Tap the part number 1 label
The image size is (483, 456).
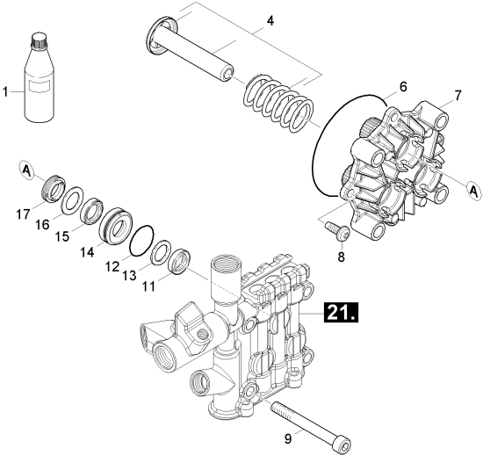click(5, 92)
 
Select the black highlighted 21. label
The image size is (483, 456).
click(341, 313)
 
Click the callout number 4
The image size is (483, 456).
click(270, 21)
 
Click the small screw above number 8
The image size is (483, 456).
click(337, 229)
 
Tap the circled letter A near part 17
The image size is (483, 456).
click(27, 170)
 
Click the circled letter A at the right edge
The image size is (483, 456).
click(473, 191)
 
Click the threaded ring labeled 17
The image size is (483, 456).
click(53, 188)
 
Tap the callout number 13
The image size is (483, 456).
click(129, 275)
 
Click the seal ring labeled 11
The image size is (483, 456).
click(181, 261)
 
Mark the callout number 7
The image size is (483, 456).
click(458, 96)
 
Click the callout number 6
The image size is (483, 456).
click(403, 87)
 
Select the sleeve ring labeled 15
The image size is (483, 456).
click(91, 212)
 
